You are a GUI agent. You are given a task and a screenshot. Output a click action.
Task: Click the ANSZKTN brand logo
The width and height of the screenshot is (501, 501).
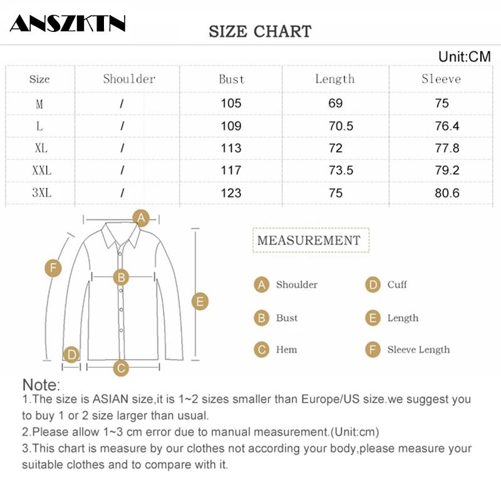[68, 23]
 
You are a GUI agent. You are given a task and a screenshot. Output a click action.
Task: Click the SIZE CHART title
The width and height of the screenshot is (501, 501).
[260, 31]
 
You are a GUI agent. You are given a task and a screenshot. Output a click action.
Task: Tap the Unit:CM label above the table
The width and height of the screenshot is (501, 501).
[464, 57]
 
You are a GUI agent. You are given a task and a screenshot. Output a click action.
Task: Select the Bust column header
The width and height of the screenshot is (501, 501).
[231, 79]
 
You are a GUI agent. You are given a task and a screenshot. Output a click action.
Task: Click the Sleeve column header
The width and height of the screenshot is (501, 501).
[441, 79]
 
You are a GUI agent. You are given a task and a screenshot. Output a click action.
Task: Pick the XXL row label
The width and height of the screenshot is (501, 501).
[41, 170]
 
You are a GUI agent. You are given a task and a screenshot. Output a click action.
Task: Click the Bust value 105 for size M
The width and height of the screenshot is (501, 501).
[231, 103]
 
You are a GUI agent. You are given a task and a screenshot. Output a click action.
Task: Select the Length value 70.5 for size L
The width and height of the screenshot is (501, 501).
[341, 126]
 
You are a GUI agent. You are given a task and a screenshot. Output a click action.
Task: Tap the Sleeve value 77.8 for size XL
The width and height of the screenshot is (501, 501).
[447, 148]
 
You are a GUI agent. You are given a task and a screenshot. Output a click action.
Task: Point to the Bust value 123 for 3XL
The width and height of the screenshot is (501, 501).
[231, 193]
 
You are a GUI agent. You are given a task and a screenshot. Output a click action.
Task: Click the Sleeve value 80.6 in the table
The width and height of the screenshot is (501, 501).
[447, 193]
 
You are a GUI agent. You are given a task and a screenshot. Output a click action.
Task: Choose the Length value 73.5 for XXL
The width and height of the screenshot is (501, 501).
[341, 170]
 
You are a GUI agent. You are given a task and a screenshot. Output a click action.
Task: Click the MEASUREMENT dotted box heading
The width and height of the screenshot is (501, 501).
[309, 240]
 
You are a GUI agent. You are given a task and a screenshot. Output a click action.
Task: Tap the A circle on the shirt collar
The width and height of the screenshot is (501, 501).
[142, 218]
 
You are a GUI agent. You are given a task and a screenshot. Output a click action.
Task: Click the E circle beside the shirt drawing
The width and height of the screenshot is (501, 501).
[200, 301]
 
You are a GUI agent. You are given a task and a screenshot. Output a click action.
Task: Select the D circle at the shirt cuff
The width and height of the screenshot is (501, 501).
[71, 355]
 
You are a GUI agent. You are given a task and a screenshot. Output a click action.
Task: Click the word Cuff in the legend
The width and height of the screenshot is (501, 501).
[397, 285]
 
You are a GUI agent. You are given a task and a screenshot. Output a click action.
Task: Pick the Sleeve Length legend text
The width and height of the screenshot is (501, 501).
[418, 349]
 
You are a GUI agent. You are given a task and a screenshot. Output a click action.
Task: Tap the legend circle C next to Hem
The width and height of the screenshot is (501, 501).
[262, 349]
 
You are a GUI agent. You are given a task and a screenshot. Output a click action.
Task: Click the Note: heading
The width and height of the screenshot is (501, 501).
[41, 385]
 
